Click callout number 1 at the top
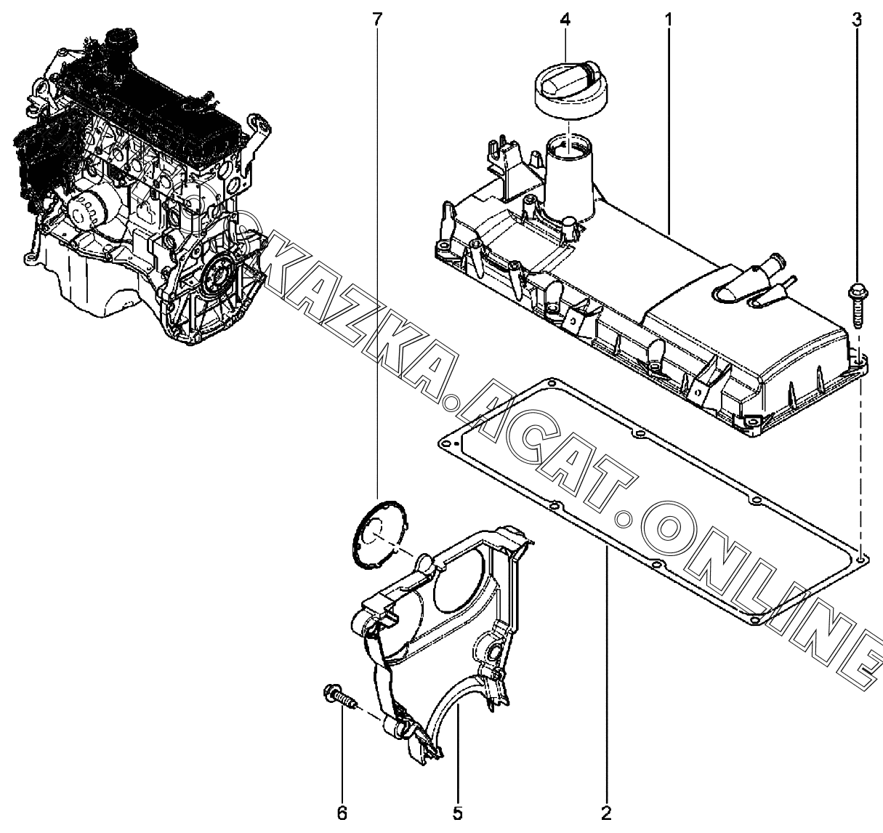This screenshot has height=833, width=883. pyautogui.click(x=668, y=20)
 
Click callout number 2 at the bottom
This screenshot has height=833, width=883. pyautogui.click(x=606, y=813)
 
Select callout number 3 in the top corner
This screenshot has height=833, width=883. pyautogui.click(x=856, y=20)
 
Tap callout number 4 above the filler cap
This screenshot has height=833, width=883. pyautogui.click(x=565, y=20)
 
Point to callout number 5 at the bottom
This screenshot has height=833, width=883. pyautogui.click(x=458, y=813)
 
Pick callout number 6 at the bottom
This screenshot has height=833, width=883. pyautogui.click(x=342, y=813)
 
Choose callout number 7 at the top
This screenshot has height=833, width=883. pyautogui.click(x=377, y=20)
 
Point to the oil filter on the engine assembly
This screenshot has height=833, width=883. pyautogui.click(x=84, y=212)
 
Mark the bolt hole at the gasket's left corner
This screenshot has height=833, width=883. pyautogui.click(x=446, y=443)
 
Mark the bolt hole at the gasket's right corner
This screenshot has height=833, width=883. pyautogui.click(x=860, y=558)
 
